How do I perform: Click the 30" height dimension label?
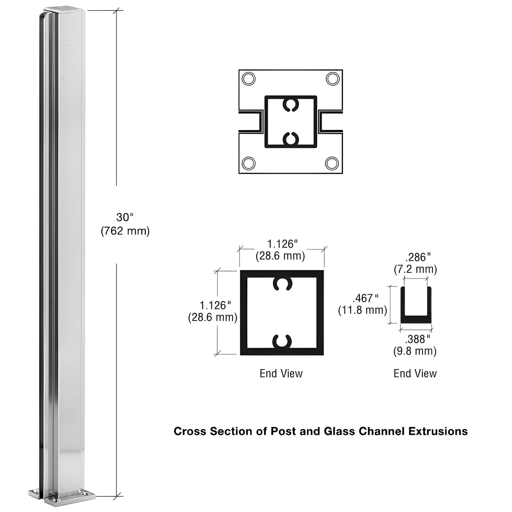(x=124, y=217)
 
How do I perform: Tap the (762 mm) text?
(x=125, y=231)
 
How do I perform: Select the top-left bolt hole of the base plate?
(x=248, y=78)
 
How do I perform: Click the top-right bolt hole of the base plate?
(x=332, y=78)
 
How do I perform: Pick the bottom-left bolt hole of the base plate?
(x=248, y=163)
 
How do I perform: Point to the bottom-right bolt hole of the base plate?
(x=332, y=163)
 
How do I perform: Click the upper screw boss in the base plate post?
(x=291, y=105)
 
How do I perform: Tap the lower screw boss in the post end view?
(x=282, y=341)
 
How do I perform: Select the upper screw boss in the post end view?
(x=282, y=284)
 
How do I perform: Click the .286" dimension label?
(x=418, y=257)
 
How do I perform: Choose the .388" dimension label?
(x=417, y=339)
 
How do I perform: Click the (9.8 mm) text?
(x=415, y=351)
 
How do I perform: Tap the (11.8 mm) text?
(x=362, y=310)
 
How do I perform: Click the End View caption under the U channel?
(x=415, y=373)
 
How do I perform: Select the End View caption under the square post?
(x=281, y=373)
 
